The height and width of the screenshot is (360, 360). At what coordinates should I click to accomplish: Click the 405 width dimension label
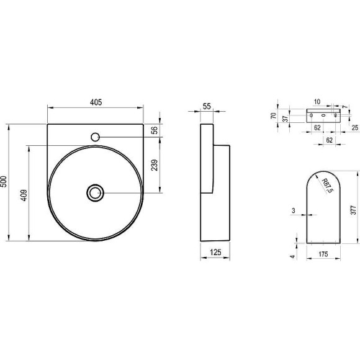(96, 102)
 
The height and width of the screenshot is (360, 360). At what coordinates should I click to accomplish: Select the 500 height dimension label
(4, 182)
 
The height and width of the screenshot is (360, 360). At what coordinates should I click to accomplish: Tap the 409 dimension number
(24, 196)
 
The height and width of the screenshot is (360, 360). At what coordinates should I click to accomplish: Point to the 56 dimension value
(155, 130)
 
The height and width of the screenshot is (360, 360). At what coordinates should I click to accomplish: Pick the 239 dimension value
(155, 165)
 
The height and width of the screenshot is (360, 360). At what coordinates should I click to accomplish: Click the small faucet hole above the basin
(95, 137)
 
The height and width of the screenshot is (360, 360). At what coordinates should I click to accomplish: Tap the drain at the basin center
(96, 193)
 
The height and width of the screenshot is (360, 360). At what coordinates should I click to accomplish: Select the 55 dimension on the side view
(207, 106)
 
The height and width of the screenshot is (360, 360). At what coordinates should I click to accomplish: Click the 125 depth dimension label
(215, 253)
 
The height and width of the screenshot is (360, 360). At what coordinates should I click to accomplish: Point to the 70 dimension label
(274, 115)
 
